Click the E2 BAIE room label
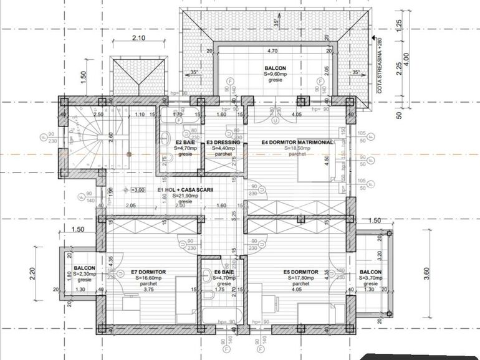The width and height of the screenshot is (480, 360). pyautogui.click(x=185, y=143)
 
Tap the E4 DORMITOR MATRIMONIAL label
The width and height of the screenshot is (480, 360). pyautogui.click(x=297, y=143)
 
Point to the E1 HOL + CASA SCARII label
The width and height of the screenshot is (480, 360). pyautogui.click(x=185, y=190)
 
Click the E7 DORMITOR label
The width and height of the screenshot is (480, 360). pyautogui.click(x=148, y=272)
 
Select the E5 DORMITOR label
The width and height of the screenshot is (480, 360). pyautogui.click(x=301, y=272)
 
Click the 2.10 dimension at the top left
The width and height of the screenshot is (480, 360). pyautogui.click(x=138, y=38)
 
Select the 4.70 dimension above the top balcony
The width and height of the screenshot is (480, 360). pyautogui.click(x=272, y=51)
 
